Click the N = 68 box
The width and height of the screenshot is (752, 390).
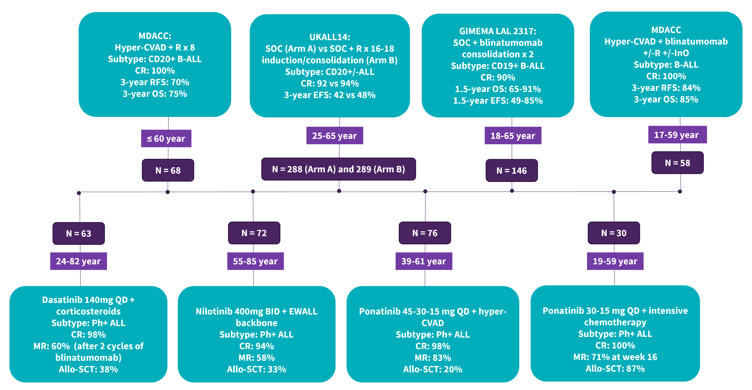168,170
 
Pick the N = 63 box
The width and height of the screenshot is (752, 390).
78,233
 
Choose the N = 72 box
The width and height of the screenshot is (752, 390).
254,233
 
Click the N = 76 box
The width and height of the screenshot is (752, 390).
425,233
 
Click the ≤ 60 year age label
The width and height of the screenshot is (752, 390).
166,138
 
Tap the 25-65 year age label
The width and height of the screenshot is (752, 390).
334,135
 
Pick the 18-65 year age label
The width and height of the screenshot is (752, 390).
513,135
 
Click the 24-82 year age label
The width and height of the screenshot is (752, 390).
78,261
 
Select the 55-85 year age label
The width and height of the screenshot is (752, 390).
256,261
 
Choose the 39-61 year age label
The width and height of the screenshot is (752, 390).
424,261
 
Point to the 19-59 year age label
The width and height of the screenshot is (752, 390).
615,261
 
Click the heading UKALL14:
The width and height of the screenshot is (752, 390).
330,37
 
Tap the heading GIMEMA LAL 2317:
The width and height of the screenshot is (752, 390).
498,31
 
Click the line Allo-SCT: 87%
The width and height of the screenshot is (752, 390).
615,368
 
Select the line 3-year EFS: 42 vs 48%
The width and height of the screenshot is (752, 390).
330,95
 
